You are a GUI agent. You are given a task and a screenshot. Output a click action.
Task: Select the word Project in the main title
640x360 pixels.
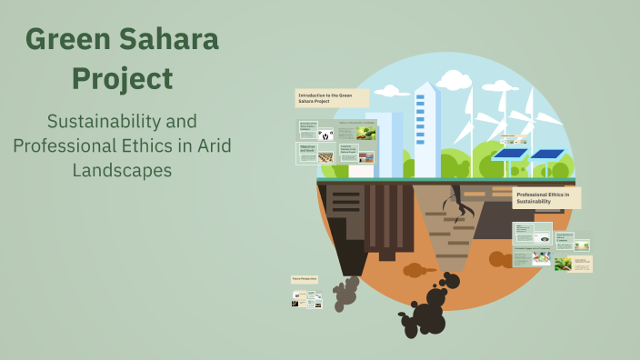pyautogui.click(x=122, y=78)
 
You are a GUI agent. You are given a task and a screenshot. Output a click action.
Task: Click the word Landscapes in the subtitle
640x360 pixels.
pyautogui.click(x=122, y=169)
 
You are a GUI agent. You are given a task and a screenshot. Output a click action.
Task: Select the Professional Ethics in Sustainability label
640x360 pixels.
pyautogui.click(x=546, y=197)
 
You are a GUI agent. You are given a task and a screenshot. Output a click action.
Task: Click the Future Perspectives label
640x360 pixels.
pyautogui.click(x=305, y=280)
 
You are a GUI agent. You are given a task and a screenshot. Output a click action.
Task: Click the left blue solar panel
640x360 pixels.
pyautogui.click(x=510, y=155)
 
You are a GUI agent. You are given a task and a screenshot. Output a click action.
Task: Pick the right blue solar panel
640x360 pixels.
pyautogui.click(x=548, y=155)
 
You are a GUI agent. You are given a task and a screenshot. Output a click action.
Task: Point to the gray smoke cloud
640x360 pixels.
pyautogui.click(x=345, y=292)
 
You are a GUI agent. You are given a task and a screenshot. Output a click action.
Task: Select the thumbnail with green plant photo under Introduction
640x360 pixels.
pyautogui.click(x=365, y=133)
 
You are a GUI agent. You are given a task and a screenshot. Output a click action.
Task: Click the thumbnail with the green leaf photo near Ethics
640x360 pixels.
pyautogui.click(x=564, y=264)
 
